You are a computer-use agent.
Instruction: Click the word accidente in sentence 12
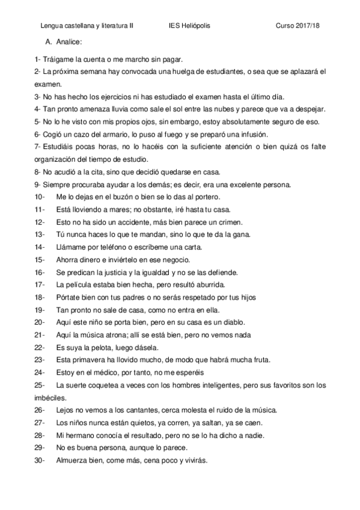click(x=142, y=222)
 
